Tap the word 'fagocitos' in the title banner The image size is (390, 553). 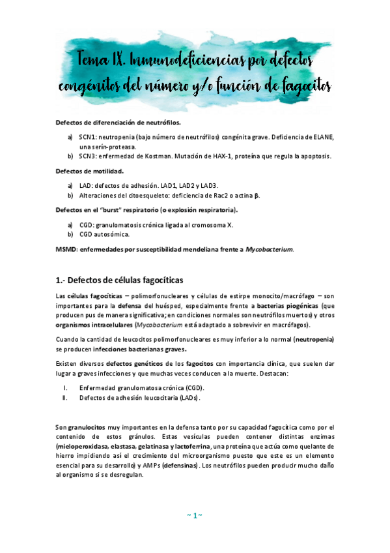pos(300,85)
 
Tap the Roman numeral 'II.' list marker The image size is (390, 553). pos(64,397)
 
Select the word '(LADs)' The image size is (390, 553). pos(189,397)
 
